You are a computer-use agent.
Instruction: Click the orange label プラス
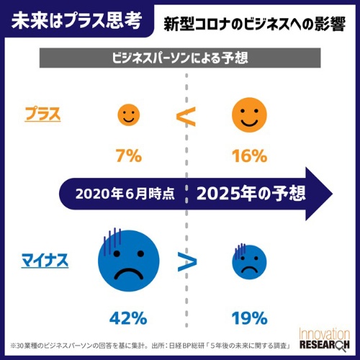(x=42, y=114)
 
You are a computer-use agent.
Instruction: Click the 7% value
(x=128, y=155)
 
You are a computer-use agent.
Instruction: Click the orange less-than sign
(x=186, y=115)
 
